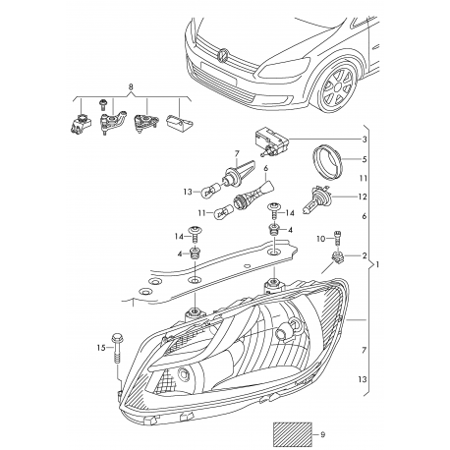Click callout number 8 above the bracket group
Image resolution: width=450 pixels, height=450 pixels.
(x=130, y=87)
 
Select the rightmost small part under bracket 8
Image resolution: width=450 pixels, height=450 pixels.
(x=176, y=126)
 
